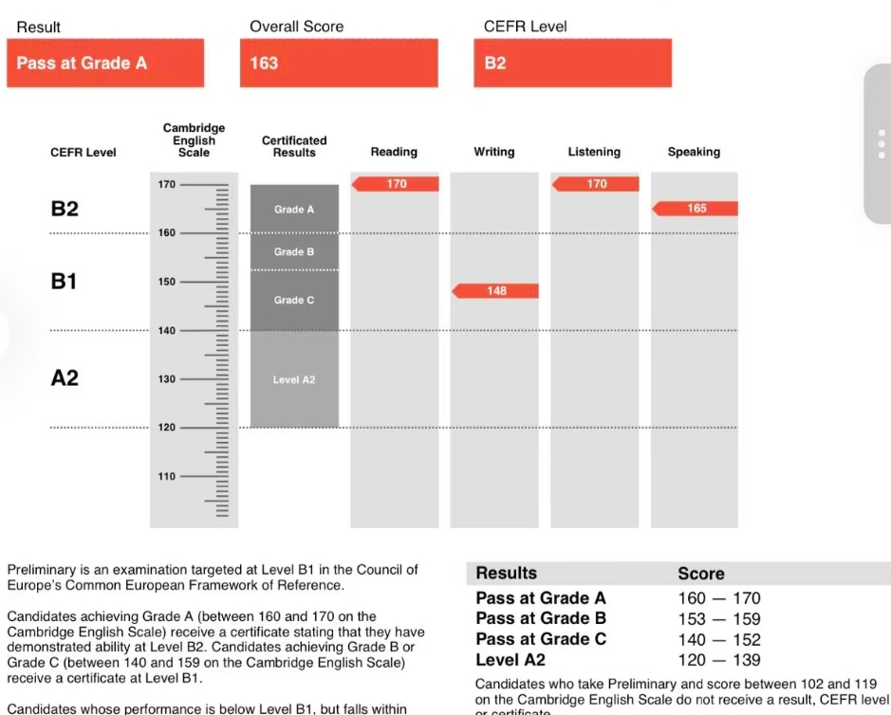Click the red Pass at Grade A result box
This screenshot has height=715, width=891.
[x=104, y=64]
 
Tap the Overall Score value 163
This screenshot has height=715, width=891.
[x=338, y=64]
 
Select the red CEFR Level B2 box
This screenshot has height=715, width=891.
[x=572, y=64]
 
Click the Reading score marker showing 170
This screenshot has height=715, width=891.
[x=396, y=184]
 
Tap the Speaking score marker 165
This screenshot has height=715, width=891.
[x=696, y=209]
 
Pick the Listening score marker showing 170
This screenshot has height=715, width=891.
[x=596, y=184]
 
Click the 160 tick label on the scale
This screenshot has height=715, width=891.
[x=166, y=233]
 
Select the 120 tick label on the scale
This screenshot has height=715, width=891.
[x=166, y=428]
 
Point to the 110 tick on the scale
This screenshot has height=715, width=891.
[x=166, y=476]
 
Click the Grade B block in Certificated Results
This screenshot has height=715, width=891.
[x=293, y=252]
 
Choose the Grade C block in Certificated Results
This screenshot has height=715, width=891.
[x=293, y=301]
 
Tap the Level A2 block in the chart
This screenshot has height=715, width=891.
[x=293, y=379]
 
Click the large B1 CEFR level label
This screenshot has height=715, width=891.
[x=64, y=282]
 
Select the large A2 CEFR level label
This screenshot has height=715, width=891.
[x=64, y=378]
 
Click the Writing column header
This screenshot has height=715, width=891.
[x=493, y=152]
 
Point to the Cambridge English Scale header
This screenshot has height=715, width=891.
[x=194, y=140]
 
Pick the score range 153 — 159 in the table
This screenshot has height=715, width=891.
[x=719, y=619]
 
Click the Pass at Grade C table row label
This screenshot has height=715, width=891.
[x=541, y=640]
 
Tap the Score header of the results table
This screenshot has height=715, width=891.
[x=701, y=574]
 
